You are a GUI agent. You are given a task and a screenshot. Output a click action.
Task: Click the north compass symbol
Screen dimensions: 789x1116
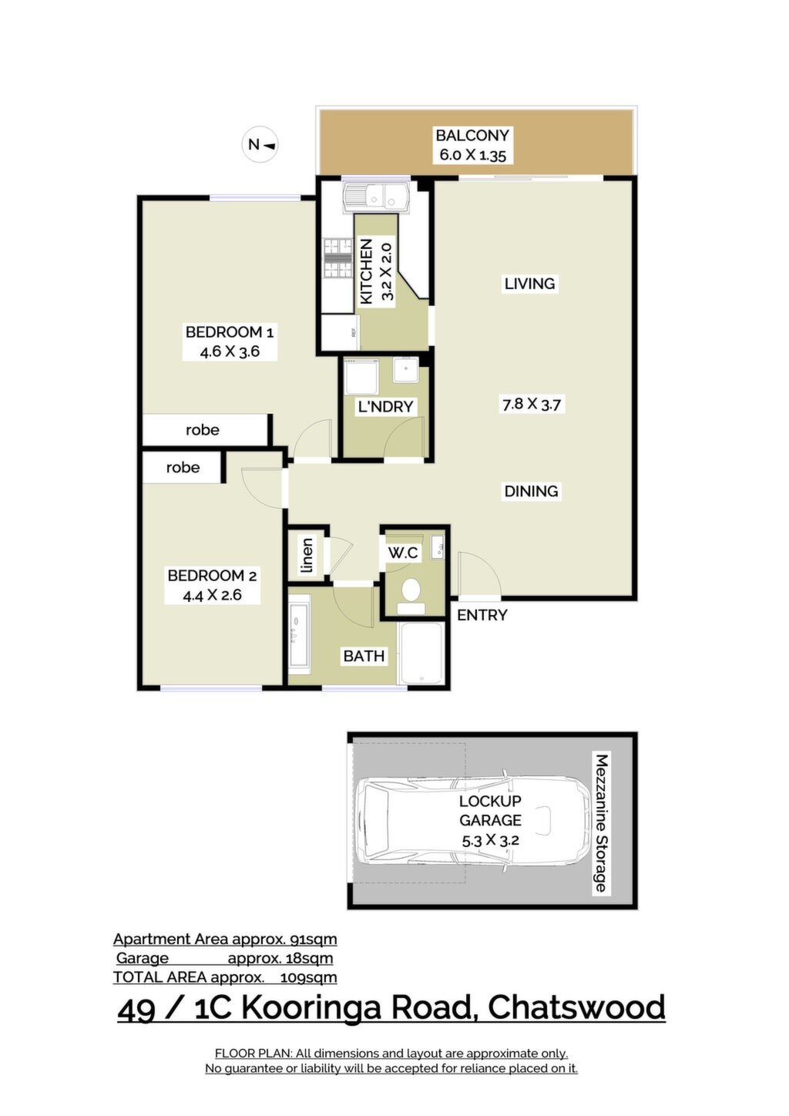[x=260, y=145]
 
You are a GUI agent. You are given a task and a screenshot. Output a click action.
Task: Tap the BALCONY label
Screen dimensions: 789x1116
[x=472, y=135]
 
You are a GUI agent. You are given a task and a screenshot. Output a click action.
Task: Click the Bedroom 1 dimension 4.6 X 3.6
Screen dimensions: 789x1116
[x=230, y=351]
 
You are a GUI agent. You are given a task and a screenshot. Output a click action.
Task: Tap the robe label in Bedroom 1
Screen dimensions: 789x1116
[x=202, y=429]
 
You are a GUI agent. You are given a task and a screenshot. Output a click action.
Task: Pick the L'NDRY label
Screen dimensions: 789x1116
[x=385, y=406]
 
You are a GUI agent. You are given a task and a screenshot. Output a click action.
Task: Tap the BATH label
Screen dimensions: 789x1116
[x=364, y=656]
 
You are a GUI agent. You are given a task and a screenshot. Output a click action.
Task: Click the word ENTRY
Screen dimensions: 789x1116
[x=482, y=615]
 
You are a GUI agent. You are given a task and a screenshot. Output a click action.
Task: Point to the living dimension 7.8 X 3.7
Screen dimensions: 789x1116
[x=532, y=404]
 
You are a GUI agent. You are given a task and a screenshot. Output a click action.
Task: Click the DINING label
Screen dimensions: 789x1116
[x=531, y=491]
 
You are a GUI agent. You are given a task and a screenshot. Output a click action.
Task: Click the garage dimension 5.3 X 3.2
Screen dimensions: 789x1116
[x=490, y=841]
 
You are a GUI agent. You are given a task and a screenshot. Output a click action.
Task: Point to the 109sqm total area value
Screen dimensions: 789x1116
[x=309, y=977]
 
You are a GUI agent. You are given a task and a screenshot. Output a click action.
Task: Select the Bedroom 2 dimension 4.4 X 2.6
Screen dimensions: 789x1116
[x=212, y=595]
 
